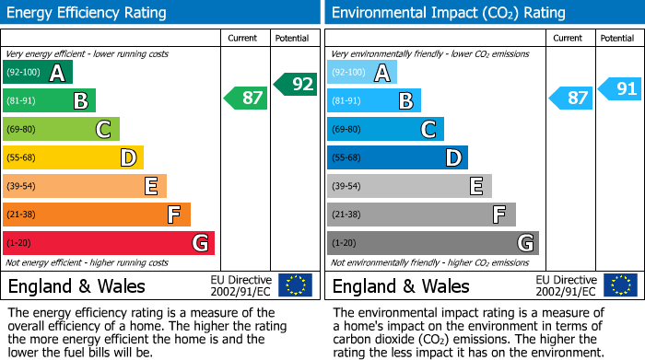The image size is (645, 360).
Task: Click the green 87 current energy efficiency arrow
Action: coord(246,97)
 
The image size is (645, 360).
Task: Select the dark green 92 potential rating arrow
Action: coord(295,84)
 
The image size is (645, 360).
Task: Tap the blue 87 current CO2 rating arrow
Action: coord(570,97)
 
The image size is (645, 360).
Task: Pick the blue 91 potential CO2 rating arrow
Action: coord(619,88)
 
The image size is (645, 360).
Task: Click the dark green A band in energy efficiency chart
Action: coord(38,73)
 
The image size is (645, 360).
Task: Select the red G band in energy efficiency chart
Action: coord(109,243)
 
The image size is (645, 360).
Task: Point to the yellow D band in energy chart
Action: coord(73,157)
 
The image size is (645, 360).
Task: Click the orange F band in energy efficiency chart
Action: coord(97,215)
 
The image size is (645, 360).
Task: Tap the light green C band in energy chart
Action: coord(61,129)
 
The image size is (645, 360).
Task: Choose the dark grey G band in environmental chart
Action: coord(433,243)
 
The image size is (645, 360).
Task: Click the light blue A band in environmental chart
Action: coord(362,73)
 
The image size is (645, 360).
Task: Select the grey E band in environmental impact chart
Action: coord(409,186)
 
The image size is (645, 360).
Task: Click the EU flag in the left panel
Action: coord(295,285)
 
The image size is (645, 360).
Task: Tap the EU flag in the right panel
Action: coord(620,285)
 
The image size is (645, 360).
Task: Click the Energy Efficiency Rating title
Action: coord(88,13)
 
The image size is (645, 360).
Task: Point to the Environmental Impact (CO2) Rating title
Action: coord(448,13)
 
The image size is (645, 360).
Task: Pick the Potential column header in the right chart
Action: coord(617,38)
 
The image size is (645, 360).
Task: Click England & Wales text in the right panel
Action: coord(401,285)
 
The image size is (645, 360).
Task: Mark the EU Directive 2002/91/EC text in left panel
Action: coord(241,285)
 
